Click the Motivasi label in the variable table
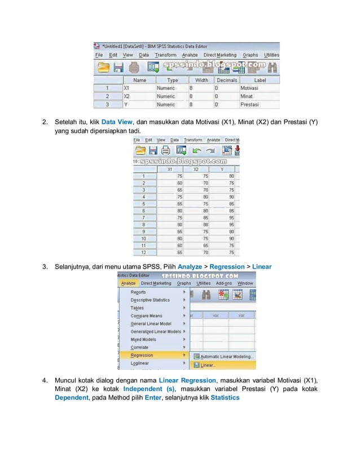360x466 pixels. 249,89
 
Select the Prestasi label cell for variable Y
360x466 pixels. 249,104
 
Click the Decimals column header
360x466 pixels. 226,80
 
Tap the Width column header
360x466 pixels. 200,80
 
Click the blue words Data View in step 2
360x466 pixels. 117,122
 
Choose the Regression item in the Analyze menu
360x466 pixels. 142,355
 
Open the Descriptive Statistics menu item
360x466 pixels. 150,300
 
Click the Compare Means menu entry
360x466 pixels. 146,316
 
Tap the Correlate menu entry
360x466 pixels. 139,348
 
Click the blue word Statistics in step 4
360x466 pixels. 225,398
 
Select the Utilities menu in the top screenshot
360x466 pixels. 271,55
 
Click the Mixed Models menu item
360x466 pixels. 143,340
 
